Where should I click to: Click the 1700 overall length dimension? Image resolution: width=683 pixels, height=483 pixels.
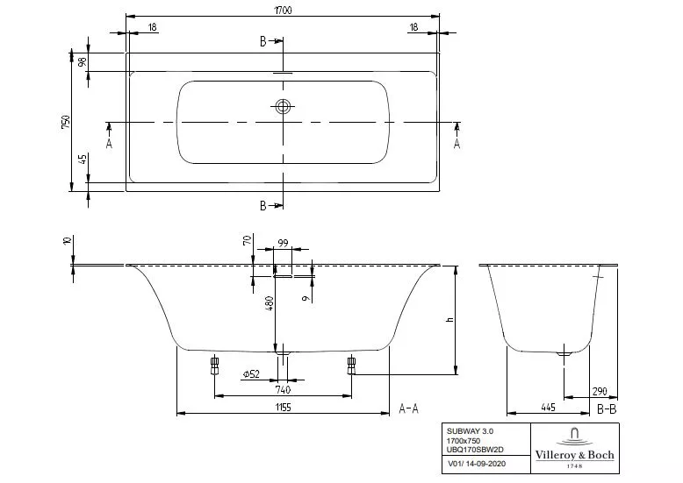[283, 10]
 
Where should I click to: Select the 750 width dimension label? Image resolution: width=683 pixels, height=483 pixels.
[66, 123]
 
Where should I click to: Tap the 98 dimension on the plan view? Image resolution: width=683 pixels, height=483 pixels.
[83, 61]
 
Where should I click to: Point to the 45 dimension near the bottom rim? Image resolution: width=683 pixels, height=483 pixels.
[83, 159]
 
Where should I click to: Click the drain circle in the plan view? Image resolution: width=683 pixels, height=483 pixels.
[283, 106]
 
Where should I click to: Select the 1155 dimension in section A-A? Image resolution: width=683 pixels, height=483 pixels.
[283, 408]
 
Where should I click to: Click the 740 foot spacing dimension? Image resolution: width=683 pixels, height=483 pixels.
[283, 389]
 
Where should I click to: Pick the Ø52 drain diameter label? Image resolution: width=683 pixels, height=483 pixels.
[251, 373]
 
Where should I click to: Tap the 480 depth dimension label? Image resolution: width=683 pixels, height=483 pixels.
[270, 302]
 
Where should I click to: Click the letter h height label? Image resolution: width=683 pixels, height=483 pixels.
[450, 320]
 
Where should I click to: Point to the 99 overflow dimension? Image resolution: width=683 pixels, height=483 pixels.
[284, 243]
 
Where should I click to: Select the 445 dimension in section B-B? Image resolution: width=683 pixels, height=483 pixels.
[548, 408]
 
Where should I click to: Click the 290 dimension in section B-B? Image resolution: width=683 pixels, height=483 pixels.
[600, 391]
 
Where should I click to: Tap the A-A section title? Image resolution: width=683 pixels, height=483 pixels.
[408, 408]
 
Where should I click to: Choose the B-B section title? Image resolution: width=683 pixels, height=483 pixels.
[607, 408]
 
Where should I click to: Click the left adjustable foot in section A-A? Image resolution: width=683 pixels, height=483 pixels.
[214, 365]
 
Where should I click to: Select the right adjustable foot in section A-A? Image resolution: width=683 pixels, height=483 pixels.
[351, 365]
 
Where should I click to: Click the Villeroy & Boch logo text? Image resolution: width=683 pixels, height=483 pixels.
[574, 455]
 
